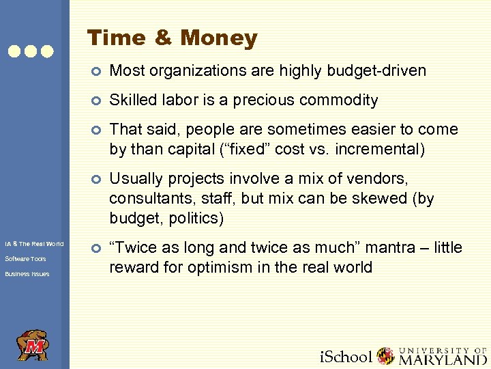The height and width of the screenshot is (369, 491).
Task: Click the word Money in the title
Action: pyautogui.click(x=219, y=38)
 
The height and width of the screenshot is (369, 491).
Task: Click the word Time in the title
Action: pyautogui.click(x=117, y=38)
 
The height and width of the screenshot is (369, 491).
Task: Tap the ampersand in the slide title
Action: pyautogui.click(x=163, y=38)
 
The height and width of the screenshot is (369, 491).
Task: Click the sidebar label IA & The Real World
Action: pyautogui.click(x=34, y=244)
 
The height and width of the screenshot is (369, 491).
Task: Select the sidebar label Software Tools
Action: pyautogui.click(x=25, y=259)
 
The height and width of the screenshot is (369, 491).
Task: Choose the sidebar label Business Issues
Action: pyautogui.click(x=27, y=274)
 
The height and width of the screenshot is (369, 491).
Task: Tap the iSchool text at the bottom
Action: pyautogui.click(x=346, y=356)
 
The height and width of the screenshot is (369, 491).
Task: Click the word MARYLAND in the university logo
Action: pyautogui.click(x=443, y=358)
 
